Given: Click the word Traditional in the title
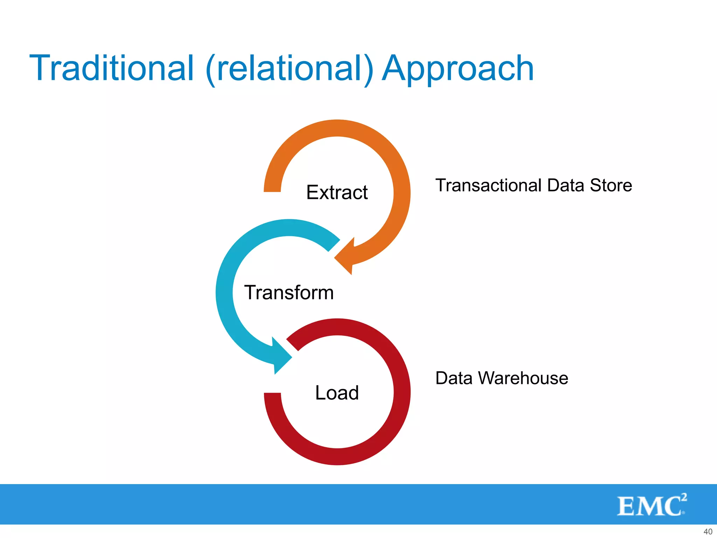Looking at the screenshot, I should coord(111,68).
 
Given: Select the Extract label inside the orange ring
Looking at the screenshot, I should coord(337,192).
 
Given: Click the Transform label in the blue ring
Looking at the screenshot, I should coord(289,292).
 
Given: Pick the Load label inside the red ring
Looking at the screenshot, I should coord(337,393).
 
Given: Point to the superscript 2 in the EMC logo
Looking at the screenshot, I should coord(684,497).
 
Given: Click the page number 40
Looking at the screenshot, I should coord(708,532).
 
